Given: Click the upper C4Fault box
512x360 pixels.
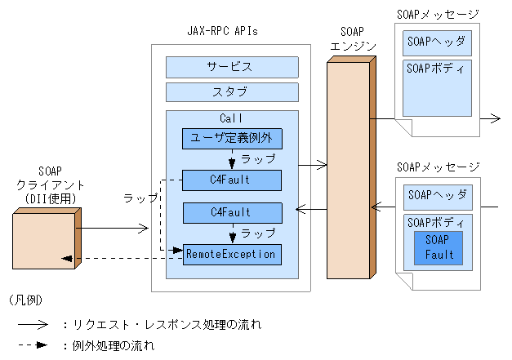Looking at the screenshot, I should click(231, 180).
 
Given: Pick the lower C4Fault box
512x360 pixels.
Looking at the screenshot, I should click(231, 212).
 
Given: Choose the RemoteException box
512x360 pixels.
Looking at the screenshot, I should click(231, 254).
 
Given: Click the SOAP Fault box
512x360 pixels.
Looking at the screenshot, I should click(439, 247).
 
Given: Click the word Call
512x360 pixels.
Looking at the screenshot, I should click(231, 118).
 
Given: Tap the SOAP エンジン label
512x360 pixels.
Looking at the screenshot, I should click(349, 39).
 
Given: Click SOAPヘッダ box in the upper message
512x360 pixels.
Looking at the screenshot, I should click(437, 43).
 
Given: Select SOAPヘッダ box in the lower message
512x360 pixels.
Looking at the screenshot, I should click(437, 195).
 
